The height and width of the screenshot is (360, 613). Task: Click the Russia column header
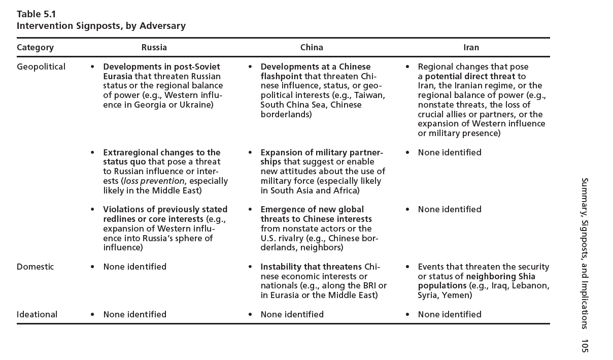(154, 48)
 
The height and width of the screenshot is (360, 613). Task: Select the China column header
(312, 48)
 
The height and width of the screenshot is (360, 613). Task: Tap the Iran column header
(471, 48)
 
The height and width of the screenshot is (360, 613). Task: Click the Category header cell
(35, 48)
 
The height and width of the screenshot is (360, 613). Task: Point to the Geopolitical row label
(41, 67)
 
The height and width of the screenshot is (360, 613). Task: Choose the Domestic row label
(35, 267)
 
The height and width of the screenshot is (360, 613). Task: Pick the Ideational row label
(37, 314)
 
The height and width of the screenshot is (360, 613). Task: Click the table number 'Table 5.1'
(36, 14)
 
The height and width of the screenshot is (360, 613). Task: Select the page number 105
(584, 346)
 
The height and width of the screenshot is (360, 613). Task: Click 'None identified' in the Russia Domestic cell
(134, 267)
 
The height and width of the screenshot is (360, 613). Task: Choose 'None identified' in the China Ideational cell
(292, 314)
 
